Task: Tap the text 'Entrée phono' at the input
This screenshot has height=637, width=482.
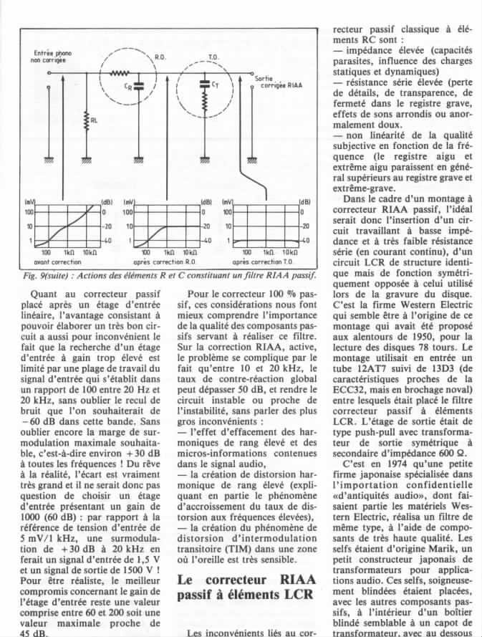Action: (53, 52)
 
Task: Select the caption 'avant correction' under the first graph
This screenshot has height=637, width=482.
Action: (62, 262)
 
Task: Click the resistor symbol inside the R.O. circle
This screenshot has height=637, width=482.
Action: (120, 72)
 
